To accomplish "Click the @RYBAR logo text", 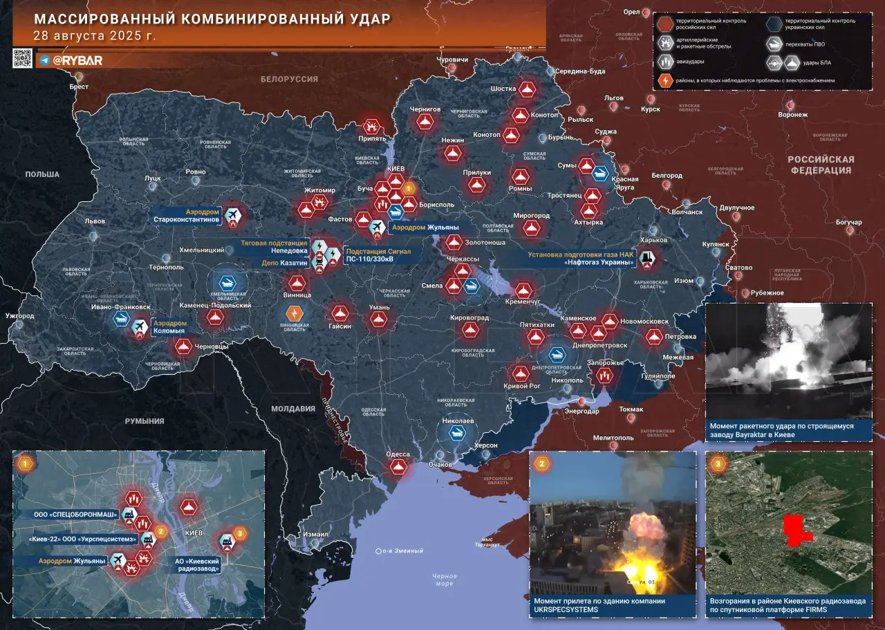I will (77, 60).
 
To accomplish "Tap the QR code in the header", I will (22, 59).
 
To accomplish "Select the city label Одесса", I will (398, 454).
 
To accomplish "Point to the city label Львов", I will (94, 221).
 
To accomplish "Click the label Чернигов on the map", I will (425, 109).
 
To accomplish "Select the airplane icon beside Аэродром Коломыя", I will (140, 326).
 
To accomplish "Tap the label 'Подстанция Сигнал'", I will (378, 251).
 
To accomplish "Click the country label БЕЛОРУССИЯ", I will (289, 80).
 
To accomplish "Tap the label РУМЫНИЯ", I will (145, 420).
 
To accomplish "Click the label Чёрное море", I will (444, 580).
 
